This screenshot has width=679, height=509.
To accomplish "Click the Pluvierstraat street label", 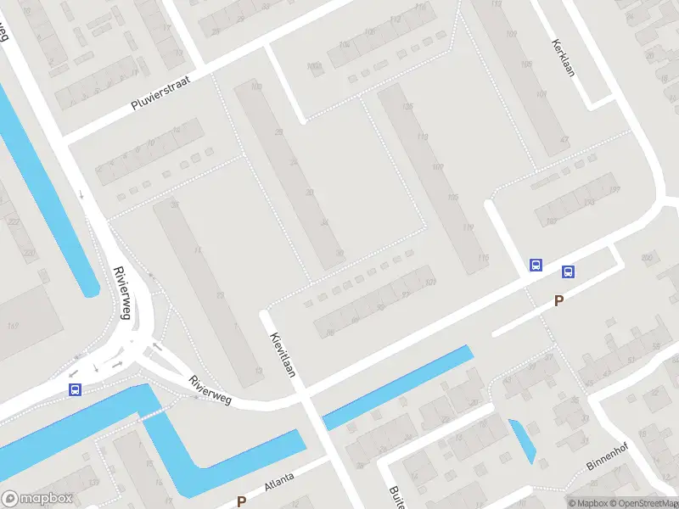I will point(160,92).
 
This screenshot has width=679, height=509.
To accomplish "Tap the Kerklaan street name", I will point(564,57).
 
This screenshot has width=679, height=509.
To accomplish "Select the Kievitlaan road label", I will point(283,354).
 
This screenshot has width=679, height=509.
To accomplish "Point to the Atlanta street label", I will point(279,480).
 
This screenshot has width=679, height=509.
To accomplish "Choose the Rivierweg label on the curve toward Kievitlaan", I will point(210,389).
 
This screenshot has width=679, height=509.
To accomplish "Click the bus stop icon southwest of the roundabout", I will point(76,389).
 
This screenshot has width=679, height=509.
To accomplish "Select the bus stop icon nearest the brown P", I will point(568,272).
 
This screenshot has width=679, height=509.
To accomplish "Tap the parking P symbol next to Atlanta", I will point(242,501).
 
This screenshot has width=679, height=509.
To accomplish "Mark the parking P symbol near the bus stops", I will point(558,300).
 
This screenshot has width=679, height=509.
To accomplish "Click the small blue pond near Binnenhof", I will point(522,440).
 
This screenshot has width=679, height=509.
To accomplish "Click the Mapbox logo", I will point(37,499).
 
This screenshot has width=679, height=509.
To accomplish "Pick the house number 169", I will point(13,327).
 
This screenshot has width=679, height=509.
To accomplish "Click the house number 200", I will point(648,257).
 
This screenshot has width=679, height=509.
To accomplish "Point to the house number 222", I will point(13,221).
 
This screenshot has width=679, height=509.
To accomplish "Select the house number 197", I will point(614,189).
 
